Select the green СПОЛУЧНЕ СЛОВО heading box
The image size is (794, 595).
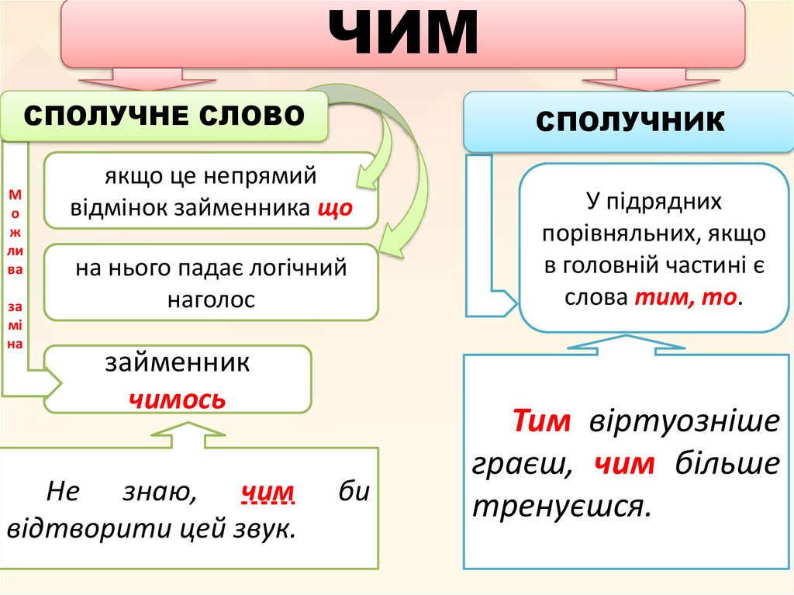tap(164, 116)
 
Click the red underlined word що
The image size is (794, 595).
tap(335, 209)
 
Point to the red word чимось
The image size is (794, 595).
tap(177, 399)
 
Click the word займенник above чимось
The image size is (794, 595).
tap(178, 363)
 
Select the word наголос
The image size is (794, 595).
tap(211, 299)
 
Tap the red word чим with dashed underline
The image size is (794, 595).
tap(268, 492)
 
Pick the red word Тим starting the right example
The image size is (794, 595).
tap(542, 422)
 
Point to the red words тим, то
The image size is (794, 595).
tap(685, 297)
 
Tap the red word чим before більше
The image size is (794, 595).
tap(625, 464)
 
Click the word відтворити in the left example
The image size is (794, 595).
tap(85, 530)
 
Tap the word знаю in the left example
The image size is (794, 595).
tap(159, 492)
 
